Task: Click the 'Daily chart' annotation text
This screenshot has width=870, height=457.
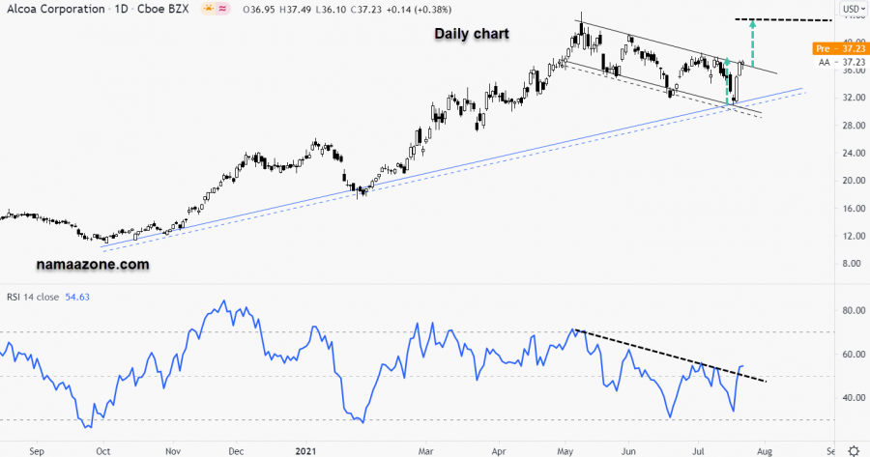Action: (x=471, y=34)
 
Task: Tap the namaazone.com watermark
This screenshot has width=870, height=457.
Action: (x=93, y=263)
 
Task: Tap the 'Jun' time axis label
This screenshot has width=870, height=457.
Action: (x=628, y=450)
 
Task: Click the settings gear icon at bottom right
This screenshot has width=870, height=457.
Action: (x=854, y=450)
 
